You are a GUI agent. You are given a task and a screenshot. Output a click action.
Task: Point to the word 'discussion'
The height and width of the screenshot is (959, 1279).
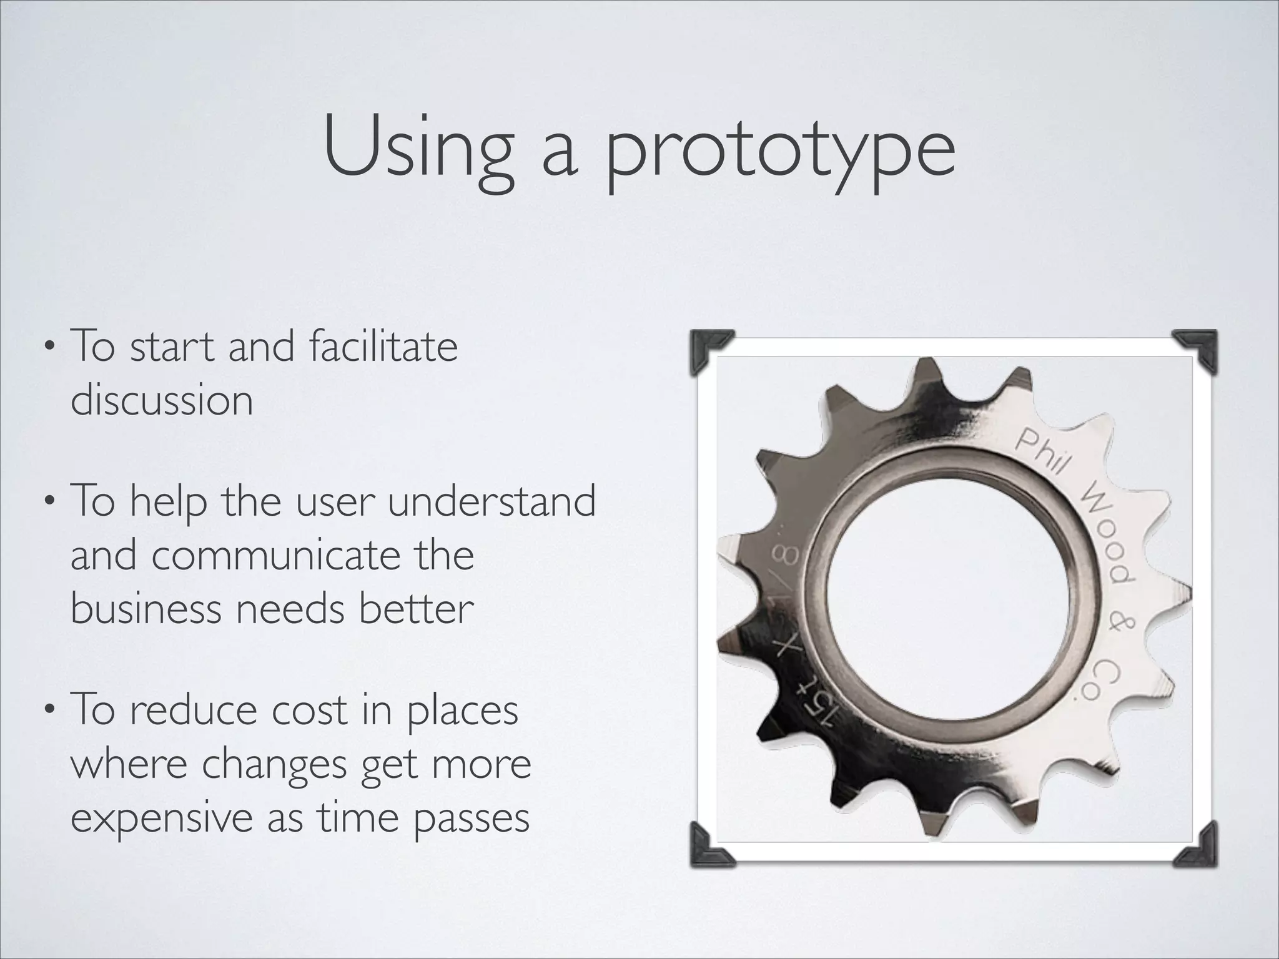(x=162, y=400)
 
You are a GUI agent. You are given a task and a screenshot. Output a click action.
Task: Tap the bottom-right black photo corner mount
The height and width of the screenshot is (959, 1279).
(x=1196, y=846)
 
